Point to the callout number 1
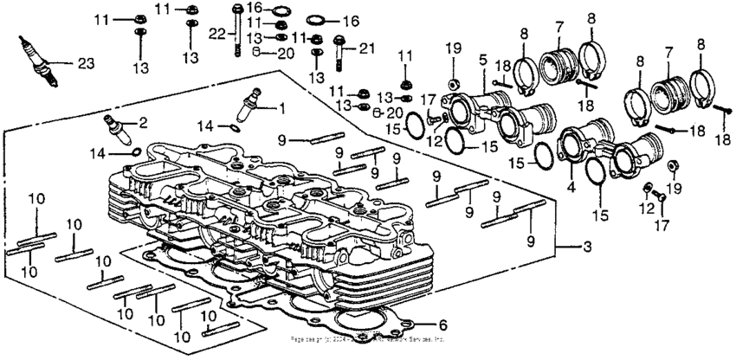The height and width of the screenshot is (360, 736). [281, 108]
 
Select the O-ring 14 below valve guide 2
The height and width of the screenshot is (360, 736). [135, 153]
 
